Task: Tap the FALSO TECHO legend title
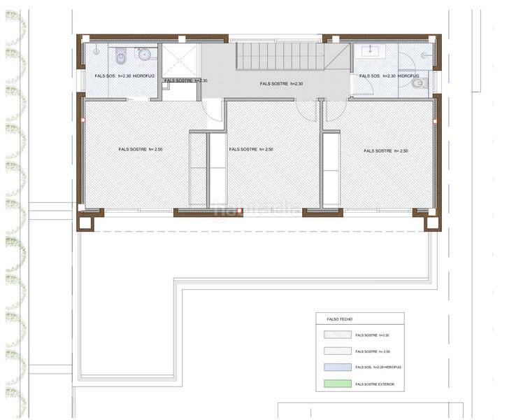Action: click(335, 319)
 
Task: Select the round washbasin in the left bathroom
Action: click(145, 54)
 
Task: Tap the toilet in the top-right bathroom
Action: click(417, 83)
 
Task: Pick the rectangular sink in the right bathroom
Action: click(367, 50)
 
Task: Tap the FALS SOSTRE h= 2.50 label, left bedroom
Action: click(141, 149)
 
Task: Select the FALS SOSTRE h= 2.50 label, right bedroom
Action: click(385, 150)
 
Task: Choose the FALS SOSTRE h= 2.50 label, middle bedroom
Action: click(250, 149)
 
